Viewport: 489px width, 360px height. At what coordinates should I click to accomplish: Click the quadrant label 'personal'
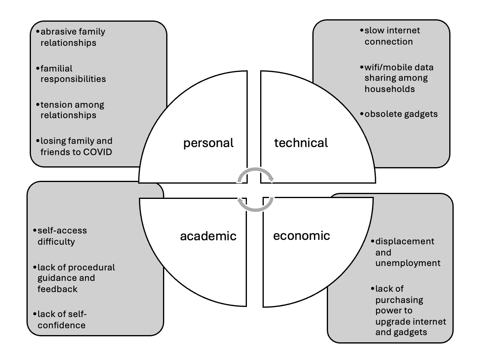coord(208,143)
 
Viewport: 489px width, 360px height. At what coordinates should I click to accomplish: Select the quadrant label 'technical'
coord(301,143)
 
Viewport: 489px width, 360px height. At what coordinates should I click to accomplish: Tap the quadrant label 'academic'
coord(208,236)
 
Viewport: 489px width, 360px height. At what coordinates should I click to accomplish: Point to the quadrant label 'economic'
coord(302,235)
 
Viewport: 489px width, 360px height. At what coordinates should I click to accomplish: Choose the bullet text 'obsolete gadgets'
coord(401,114)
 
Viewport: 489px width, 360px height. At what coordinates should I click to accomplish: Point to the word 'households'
coord(389,89)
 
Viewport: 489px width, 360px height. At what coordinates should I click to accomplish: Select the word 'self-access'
coord(62,231)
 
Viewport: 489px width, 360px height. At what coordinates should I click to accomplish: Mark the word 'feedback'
coord(57,289)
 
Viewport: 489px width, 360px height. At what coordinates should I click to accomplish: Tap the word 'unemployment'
coord(408,263)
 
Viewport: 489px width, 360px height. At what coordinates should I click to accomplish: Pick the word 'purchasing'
coord(399,300)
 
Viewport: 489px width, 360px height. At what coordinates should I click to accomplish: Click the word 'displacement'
coord(405,241)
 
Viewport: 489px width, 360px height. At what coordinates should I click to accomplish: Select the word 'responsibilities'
coord(73,79)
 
